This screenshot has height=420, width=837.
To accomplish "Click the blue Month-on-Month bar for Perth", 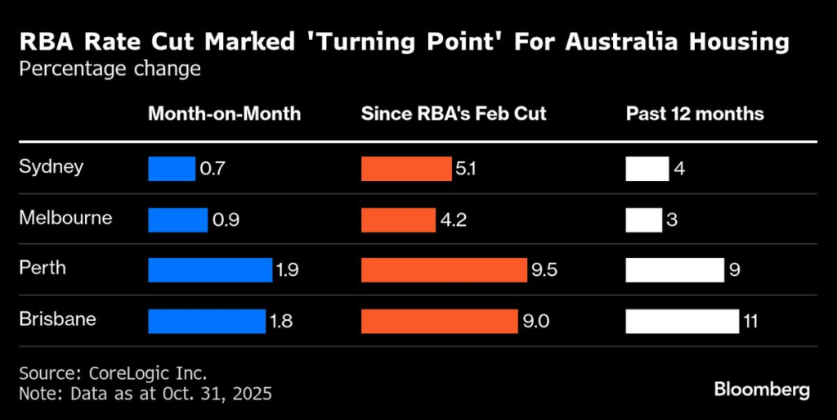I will tap(209, 270).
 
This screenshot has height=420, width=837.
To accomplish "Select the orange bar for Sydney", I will tap(405, 169).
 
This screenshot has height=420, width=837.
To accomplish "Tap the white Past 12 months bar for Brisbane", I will tap(682, 321).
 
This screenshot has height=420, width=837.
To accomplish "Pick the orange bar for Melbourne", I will tap(398, 219).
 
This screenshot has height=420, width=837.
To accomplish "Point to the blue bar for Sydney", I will tap(172, 169).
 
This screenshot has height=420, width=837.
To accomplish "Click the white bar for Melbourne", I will tap(643, 219).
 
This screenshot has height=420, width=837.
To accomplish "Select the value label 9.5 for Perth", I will tap(544, 270).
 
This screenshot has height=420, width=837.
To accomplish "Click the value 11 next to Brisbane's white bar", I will tap(750, 321).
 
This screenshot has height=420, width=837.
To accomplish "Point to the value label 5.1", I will tap(466, 169).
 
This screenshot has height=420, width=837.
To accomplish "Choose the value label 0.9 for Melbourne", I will tap(225, 219).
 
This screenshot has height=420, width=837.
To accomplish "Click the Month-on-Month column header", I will tap(224, 114).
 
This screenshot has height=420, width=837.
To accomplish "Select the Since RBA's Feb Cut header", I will tap(454, 114).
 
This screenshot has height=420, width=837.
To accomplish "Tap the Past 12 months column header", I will tap(695, 114).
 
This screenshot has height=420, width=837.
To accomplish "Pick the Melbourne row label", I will tap(65, 218).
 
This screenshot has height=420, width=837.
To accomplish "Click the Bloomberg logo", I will tap(762, 389).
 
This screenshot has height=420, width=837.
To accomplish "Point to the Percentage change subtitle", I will tap(110, 69).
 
